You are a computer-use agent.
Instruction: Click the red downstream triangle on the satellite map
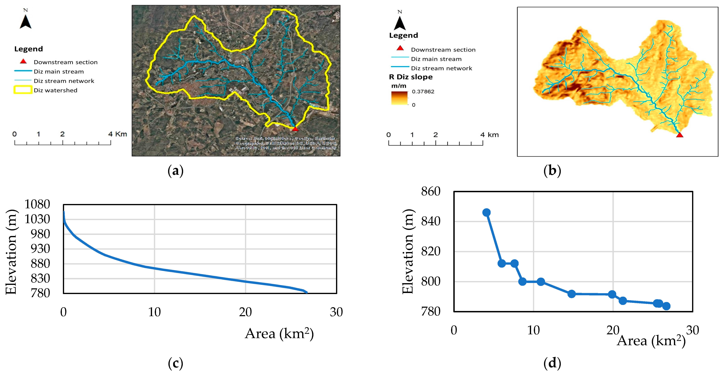click(295, 129)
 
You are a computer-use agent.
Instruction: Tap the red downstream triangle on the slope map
click(679, 135)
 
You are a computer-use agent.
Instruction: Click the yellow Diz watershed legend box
click(23, 90)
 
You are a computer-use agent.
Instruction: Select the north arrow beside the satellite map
click(26, 21)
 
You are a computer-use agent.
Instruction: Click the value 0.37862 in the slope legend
click(423, 91)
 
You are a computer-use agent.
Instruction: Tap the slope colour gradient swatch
click(399, 98)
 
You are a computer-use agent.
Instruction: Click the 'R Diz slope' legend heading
click(411, 77)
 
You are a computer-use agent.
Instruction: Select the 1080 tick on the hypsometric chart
click(37, 204)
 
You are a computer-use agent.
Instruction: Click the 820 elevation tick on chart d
click(431, 251)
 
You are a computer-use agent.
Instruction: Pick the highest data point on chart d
click(486, 212)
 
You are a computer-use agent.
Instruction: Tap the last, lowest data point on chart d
click(666, 306)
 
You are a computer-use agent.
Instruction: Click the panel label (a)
click(175, 170)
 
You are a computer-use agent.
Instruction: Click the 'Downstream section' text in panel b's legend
click(443, 50)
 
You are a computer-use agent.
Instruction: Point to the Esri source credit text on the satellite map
click(286, 143)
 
